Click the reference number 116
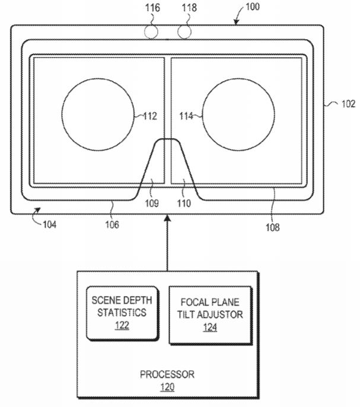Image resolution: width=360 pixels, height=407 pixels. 152,8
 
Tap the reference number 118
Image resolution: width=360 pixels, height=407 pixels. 189,8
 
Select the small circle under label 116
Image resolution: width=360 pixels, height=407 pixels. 151,32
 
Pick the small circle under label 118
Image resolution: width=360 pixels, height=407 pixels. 184,32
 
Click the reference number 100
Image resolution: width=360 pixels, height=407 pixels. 253,7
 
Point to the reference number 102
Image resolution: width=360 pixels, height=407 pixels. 348,104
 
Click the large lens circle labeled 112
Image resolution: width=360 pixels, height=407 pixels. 62,114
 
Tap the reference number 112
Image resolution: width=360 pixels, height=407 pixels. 150,116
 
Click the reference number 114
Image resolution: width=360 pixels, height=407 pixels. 186,116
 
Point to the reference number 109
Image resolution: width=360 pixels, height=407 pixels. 152,203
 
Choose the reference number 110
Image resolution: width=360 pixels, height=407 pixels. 184,203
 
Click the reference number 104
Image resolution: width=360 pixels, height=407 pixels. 50,224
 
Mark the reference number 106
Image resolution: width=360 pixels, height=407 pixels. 112,224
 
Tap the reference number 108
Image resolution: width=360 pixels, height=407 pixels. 273,227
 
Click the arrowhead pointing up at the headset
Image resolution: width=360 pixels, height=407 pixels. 168,218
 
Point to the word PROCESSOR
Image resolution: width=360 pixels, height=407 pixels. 167,374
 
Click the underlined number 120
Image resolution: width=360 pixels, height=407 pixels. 167,387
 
